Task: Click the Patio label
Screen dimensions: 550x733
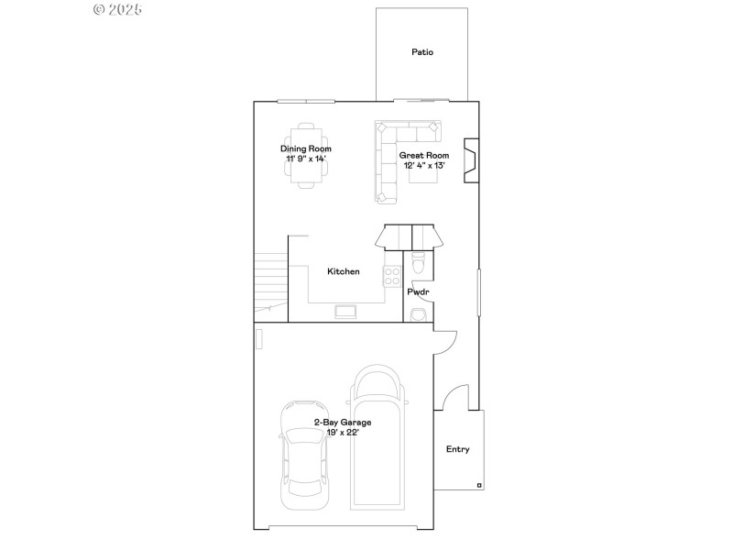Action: coord(422,52)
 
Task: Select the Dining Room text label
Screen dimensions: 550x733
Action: coord(306,148)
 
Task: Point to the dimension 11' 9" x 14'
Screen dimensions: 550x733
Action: coord(306,159)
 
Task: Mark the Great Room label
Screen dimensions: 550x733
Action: coord(424,156)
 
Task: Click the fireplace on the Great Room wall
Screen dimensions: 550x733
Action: coord(471,161)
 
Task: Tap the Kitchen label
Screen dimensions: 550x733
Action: coord(344,271)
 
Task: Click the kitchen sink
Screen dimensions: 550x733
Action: coord(346,313)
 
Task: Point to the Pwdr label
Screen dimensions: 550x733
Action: coord(419,291)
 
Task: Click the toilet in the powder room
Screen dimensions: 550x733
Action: coord(419,263)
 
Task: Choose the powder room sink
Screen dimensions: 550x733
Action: coord(418,314)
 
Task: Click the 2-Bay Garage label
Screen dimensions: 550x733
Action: coord(343,423)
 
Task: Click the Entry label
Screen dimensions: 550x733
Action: coord(458,449)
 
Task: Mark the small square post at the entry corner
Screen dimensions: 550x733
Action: coord(479,484)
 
